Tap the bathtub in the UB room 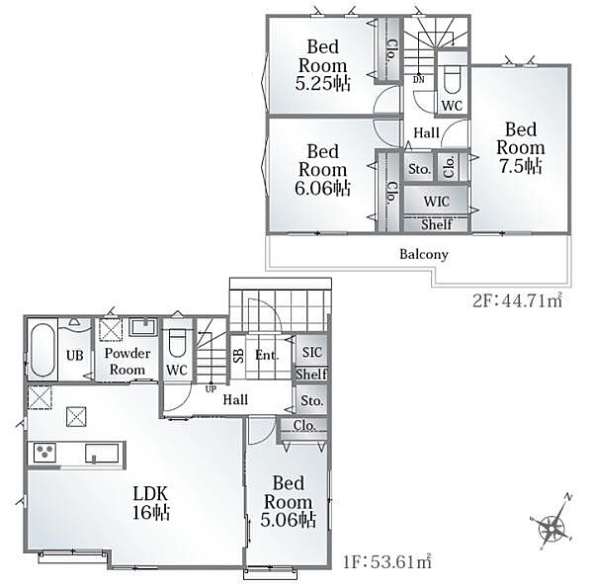[42, 350]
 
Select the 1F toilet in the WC [177, 343]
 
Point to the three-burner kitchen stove [44, 453]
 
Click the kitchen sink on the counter [102, 453]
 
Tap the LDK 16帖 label [150, 503]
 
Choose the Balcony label [424, 254]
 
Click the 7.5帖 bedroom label [521, 148]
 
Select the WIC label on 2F [436, 202]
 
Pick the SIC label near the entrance [312, 353]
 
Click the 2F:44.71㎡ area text [517, 301]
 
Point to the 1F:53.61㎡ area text [386, 561]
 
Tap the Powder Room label [127, 361]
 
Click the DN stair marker [419, 80]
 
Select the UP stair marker [211, 388]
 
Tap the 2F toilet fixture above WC [452, 79]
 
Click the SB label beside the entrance [238, 355]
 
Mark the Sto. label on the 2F [419, 169]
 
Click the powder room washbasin [143, 327]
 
